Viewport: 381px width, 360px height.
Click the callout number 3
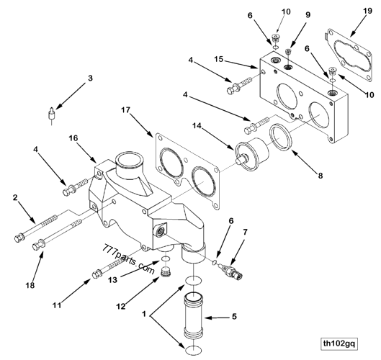90,78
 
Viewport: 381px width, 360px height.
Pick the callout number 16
73,137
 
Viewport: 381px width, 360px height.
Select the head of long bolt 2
19,236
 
